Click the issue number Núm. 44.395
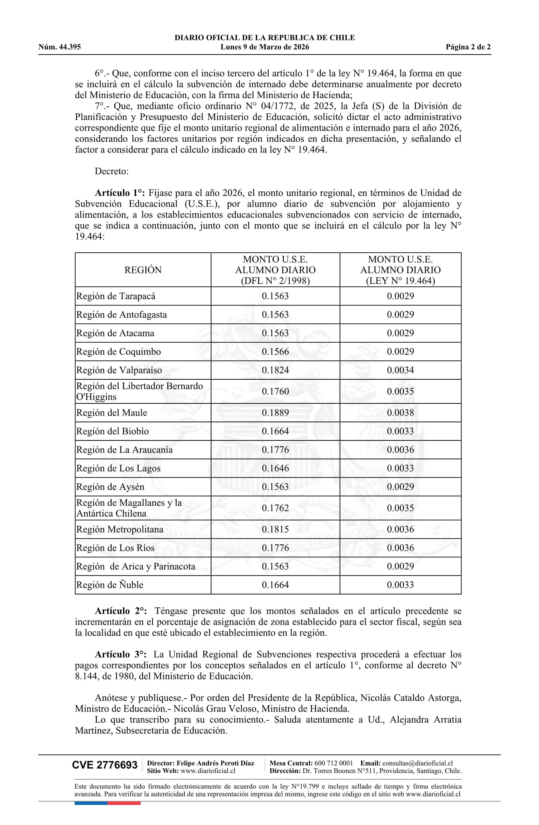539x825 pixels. tap(60, 47)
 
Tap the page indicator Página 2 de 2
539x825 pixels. tap(468, 47)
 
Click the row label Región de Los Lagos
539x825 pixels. tap(118, 468)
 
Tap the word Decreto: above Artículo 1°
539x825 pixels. tap(112, 171)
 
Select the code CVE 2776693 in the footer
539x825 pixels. tap(105, 765)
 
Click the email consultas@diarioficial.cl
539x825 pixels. tap(417, 763)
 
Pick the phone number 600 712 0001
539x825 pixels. tap(334, 763)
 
